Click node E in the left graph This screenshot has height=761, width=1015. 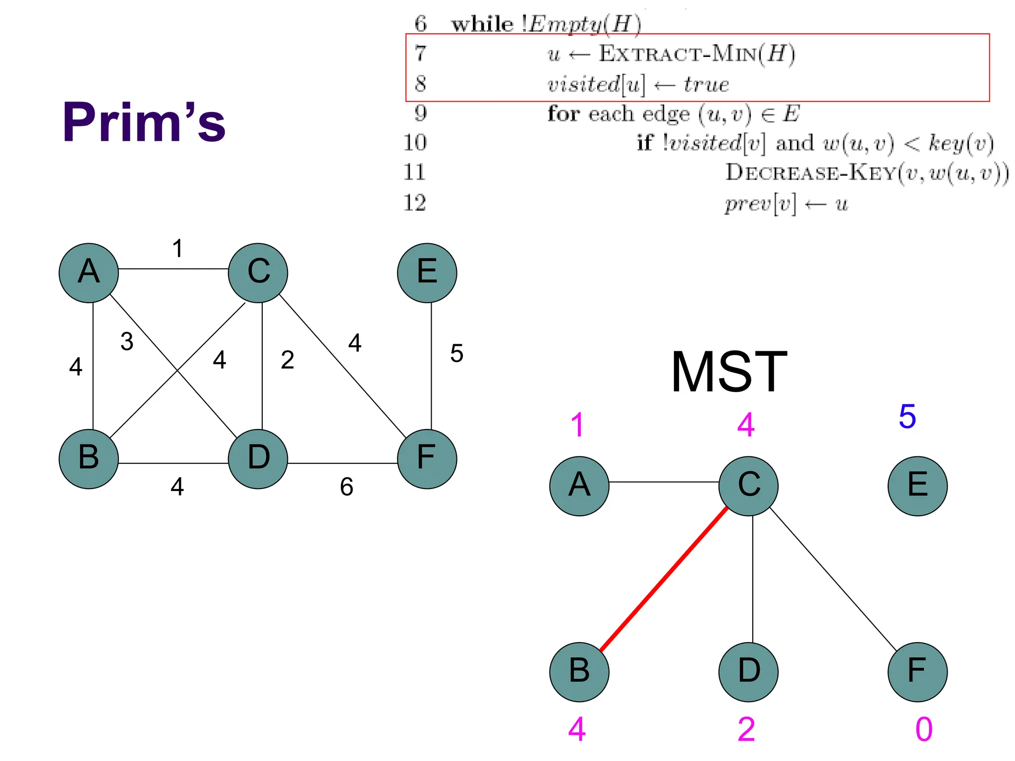point(427,273)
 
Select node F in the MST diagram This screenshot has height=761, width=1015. point(917,672)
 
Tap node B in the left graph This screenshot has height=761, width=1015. point(89,459)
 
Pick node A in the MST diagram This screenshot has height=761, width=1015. point(579,486)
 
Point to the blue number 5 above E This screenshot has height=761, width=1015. point(907,417)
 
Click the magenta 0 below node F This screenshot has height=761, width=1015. point(924,729)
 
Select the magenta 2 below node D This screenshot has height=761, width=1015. point(746,729)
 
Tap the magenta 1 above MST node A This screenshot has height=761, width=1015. point(577,425)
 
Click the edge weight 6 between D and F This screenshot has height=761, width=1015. point(346,487)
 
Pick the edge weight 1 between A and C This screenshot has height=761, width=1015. point(177,249)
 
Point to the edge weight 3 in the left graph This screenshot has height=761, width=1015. point(127,342)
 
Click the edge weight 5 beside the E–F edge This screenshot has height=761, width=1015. point(456,354)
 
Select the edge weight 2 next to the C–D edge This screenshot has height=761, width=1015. point(287,360)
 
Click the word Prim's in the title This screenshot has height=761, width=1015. point(144,122)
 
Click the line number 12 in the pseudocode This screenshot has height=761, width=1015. point(415,203)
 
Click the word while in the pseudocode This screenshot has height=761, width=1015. point(482,24)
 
